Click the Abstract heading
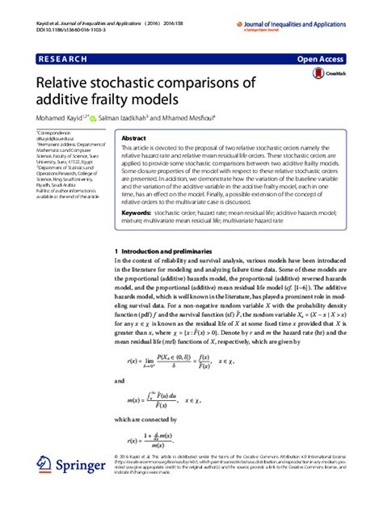click(133, 138)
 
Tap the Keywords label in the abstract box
click(141, 212)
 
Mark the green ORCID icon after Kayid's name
click(94, 118)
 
